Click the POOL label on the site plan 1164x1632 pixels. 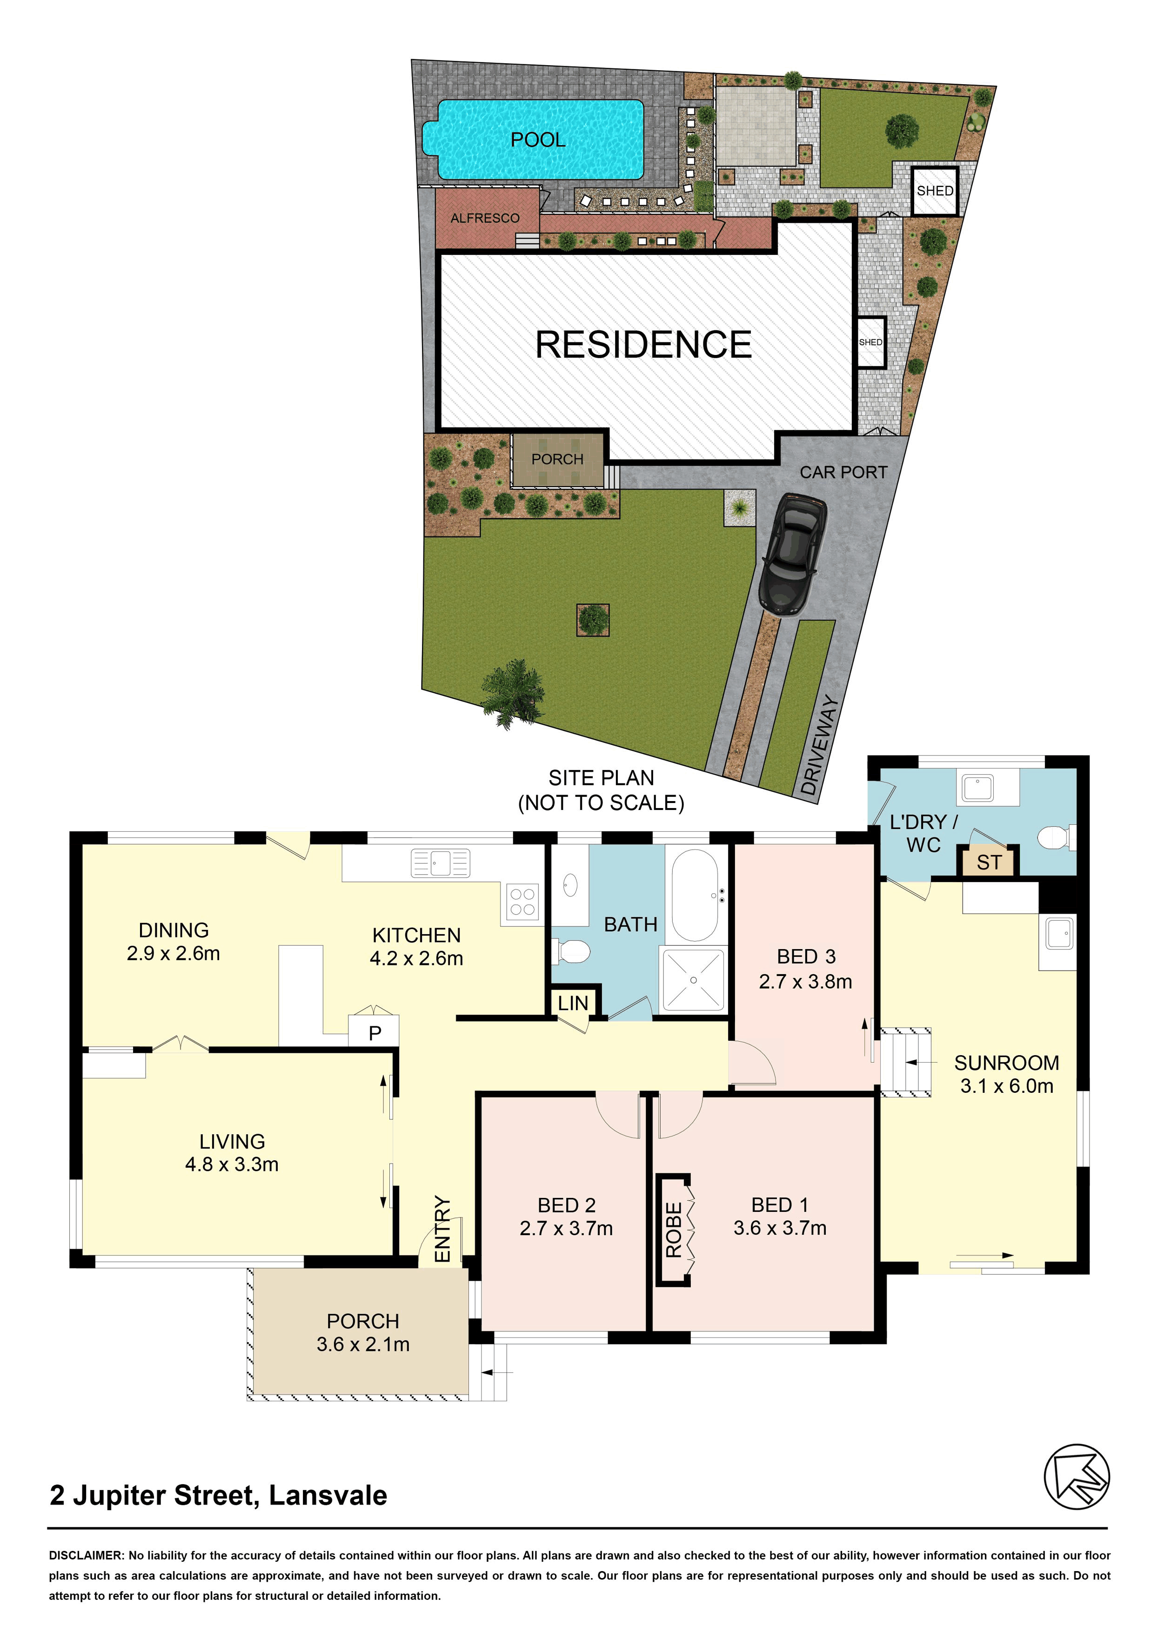pos(537,140)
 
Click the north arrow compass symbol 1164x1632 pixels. pos(1077,1477)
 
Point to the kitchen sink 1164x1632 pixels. pos(440,863)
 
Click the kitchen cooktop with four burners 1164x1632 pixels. pos(522,902)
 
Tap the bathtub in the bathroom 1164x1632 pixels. pos(695,896)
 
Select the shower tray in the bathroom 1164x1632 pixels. pos(693,979)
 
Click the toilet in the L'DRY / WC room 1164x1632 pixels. pos(1057,837)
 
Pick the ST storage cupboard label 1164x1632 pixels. pos(989,862)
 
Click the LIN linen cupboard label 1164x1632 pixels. pos(573,1003)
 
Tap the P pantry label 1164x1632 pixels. pos(374,1033)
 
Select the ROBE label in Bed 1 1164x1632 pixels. pos(674,1230)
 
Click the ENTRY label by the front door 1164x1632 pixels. pos(443,1229)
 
